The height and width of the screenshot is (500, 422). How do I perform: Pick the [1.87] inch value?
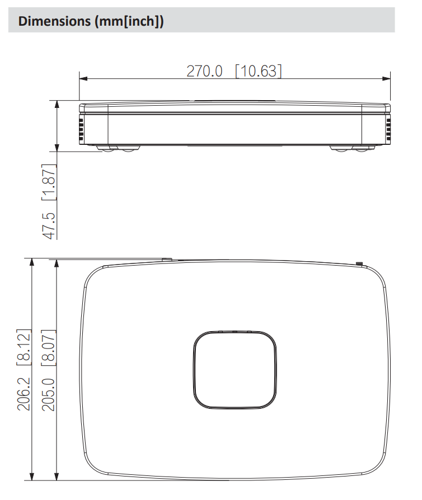(x=50, y=183)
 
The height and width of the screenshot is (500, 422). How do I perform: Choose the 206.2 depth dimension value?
(x=24, y=394)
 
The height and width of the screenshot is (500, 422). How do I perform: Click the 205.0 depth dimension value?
(x=50, y=394)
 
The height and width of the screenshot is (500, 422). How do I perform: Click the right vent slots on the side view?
(x=387, y=129)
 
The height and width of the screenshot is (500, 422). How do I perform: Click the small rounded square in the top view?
(x=235, y=370)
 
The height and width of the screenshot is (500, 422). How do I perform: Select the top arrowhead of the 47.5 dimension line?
(x=57, y=104)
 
